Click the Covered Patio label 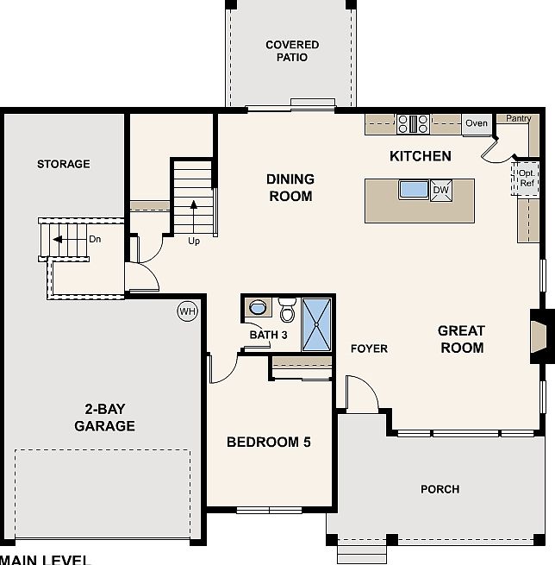tap(291, 51)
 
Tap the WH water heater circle tap(187, 311)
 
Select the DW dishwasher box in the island tap(440, 190)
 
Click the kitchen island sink tap(414, 189)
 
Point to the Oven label tap(477, 123)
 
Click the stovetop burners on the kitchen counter tap(413, 124)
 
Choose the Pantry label tap(518, 119)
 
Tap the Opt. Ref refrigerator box tap(525, 178)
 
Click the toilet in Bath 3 tap(288, 308)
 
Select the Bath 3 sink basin tap(256, 307)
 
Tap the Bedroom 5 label tap(268, 443)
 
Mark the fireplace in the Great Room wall tap(538, 333)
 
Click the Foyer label tap(369, 348)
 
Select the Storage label tap(63, 164)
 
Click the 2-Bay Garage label tap(104, 417)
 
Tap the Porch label tap(440, 489)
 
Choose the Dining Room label tap(290, 187)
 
